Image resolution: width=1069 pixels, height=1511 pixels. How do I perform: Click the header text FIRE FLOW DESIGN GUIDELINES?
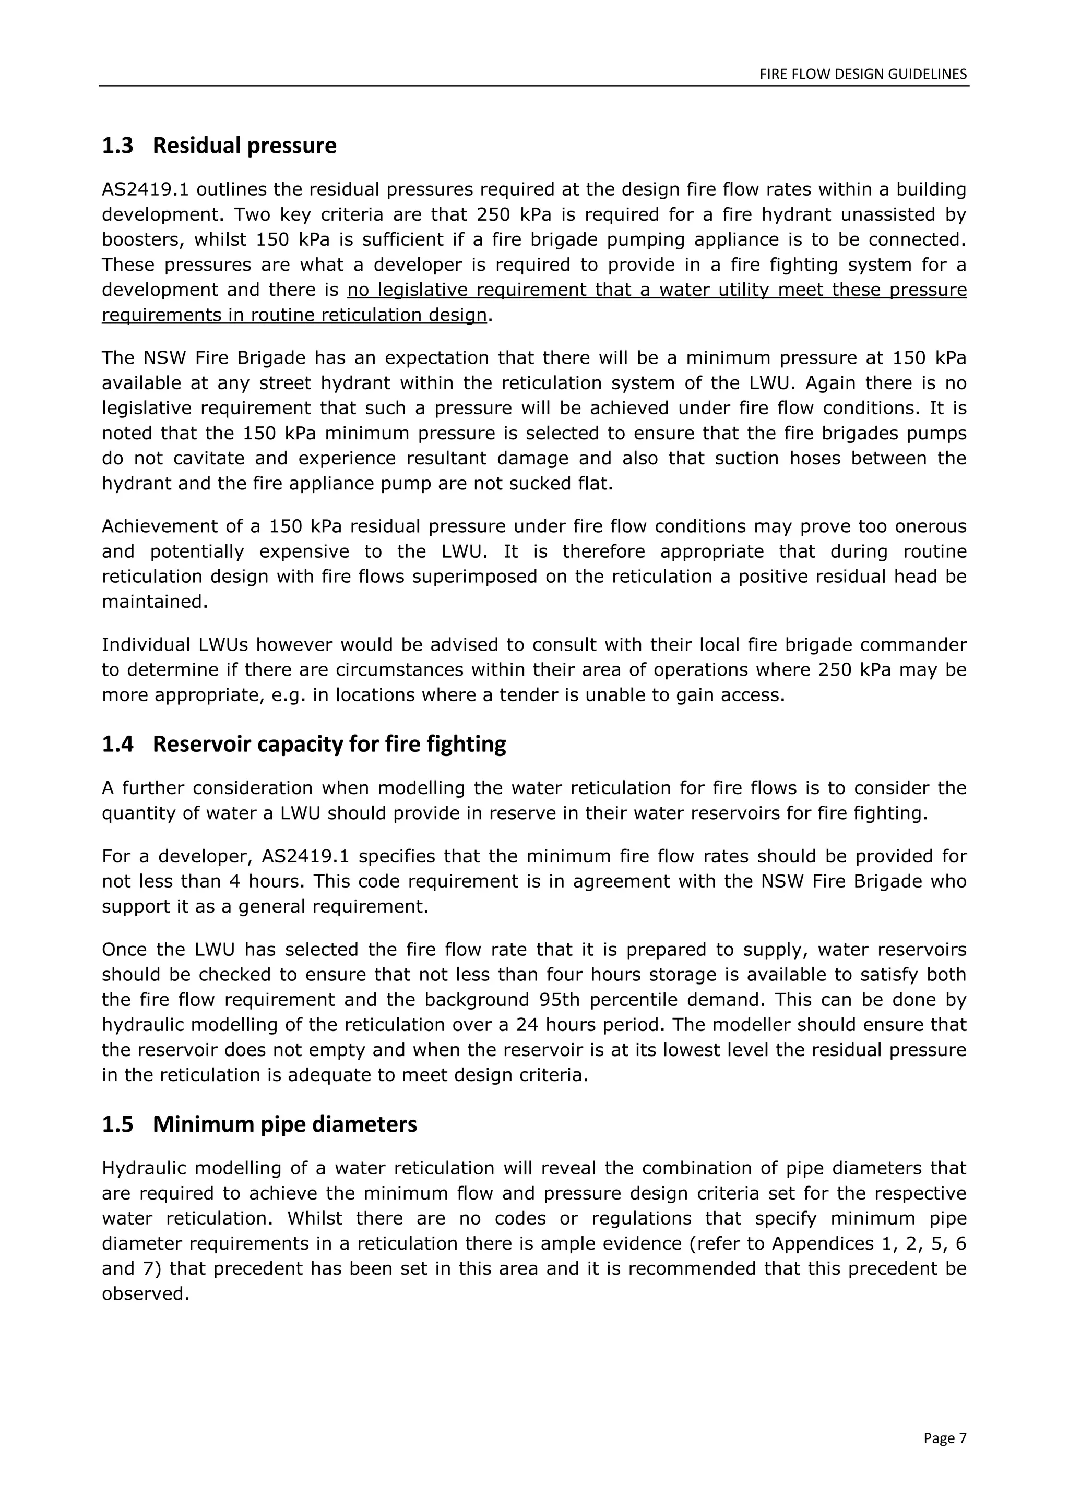(863, 74)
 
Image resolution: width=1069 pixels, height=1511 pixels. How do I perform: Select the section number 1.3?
(117, 146)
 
